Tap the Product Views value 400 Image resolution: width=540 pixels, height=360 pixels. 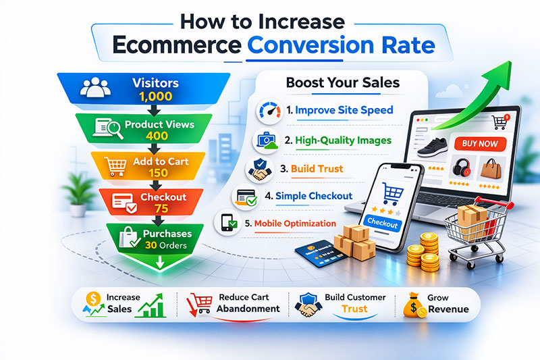coord(155,135)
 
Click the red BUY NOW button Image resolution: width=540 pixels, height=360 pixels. coord(479,144)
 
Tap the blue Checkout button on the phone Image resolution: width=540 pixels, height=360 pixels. coord(382,222)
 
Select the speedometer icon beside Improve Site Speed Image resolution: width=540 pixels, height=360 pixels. coord(269,111)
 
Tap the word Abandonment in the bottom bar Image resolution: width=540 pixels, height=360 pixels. coord(248,309)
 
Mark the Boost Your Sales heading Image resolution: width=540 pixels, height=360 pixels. coord(342,83)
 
